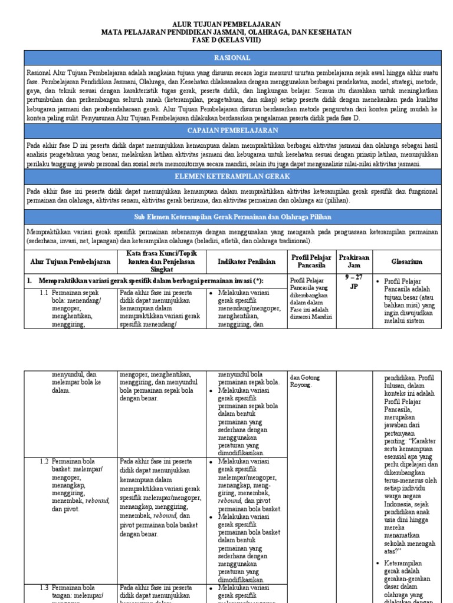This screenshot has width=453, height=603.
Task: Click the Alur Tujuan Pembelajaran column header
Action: [70, 261]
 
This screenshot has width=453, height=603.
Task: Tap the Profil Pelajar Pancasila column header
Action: [312, 261]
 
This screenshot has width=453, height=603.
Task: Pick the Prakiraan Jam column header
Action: [353, 261]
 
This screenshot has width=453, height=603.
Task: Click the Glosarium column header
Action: [406, 261]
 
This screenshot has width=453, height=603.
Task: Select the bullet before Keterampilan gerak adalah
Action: [378, 564]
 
